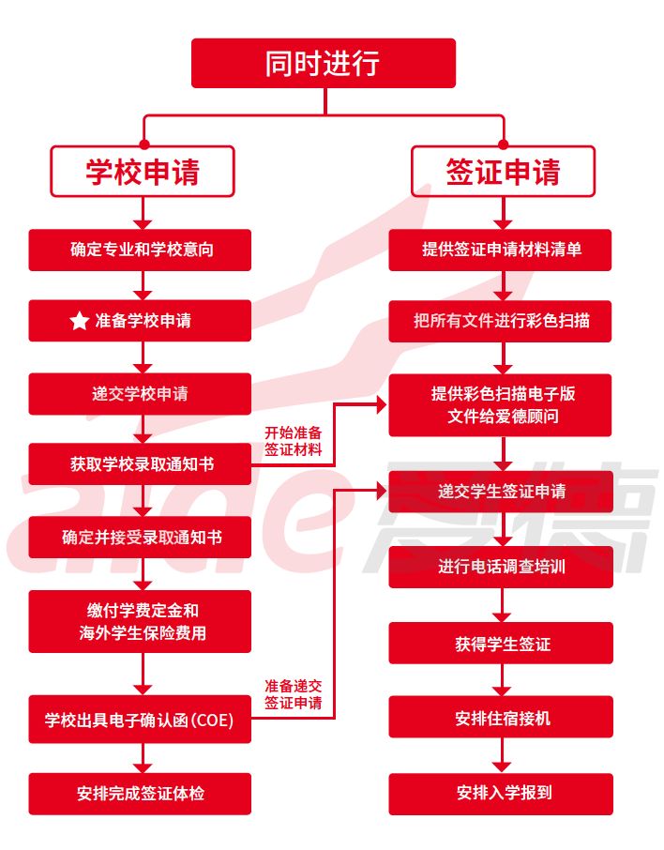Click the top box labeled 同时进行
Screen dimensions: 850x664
(324, 63)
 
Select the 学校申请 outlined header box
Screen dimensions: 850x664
(142, 172)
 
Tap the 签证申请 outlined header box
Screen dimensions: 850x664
(503, 172)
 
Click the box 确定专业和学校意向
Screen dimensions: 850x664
(141, 250)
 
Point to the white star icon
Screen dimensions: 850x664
(79, 321)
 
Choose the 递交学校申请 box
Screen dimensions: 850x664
(141, 393)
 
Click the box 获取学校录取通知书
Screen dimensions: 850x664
(141, 464)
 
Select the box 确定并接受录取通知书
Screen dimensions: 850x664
(141, 538)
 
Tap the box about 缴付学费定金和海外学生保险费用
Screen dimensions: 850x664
(141, 621)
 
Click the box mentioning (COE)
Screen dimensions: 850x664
(141, 721)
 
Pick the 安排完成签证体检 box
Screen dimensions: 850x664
(141, 794)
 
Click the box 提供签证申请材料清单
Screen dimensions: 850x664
(501, 250)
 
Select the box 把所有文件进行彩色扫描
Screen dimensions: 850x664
(501, 321)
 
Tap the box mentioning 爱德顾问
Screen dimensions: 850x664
(501, 404)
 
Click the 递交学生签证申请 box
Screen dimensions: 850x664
(501, 491)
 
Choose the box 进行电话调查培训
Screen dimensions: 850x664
(501, 567)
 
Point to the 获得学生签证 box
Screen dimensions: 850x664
(501, 643)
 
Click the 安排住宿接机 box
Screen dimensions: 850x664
(501, 718)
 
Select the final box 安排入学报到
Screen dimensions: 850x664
(501, 793)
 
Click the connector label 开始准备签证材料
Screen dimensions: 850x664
(294, 441)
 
